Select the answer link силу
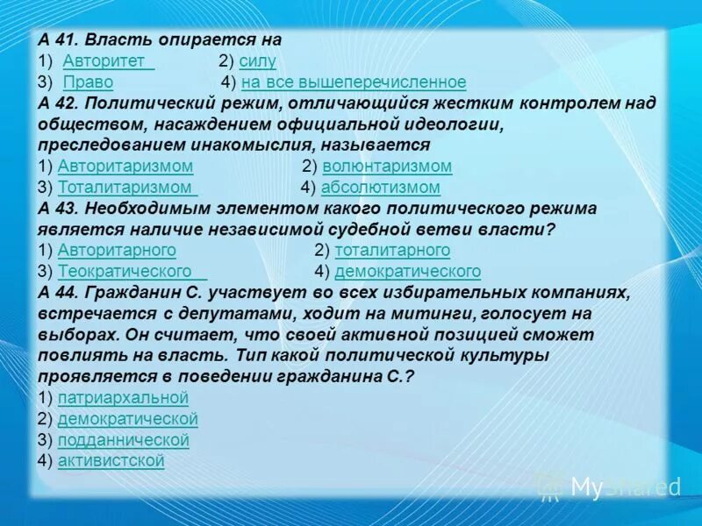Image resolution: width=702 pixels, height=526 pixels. pyautogui.click(x=257, y=61)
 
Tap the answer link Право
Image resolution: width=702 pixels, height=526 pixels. pyautogui.click(x=88, y=82)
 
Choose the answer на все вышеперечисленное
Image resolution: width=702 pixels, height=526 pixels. pyautogui.click(x=354, y=82)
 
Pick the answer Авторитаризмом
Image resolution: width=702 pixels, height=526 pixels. pyautogui.click(x=125, y=167)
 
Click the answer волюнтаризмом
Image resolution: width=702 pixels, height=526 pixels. pyautogui.click(x=387, y=167)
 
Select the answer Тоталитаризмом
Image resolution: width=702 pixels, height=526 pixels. pyautogui.click(x=126, y=188)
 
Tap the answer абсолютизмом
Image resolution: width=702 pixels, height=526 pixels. pyautogui.click(x=380, y=188)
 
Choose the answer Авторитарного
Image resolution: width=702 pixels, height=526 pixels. pyautogui.click(x=117, y=251)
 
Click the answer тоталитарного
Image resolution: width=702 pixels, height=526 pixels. pyautogui.click(x=392, y=251)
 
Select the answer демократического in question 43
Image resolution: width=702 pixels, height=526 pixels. pyautogui.click(x=407, y=272)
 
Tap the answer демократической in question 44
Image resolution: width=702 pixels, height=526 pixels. pyautogui.click(x=127, y=419)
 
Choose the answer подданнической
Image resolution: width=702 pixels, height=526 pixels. pyautogui.click(x=123, y=440)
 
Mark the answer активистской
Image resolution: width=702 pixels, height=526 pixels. pyautogui.click(x=111, y=461)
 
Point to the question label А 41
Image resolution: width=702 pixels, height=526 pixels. pyautogui.click(x=58, y=40)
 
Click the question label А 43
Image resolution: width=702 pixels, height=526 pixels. pyautogui.click(x=58, y=209)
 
